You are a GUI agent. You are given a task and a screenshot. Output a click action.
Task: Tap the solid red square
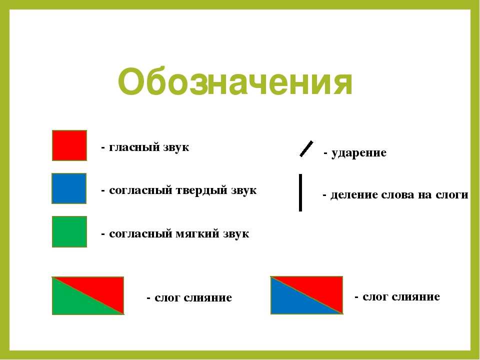click(69, 145)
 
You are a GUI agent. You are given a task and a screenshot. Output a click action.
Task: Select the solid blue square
click(69, 188)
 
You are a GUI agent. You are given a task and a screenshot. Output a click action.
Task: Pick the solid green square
click(69, 231)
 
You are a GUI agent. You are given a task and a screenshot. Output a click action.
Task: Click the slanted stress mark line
click(306, 149)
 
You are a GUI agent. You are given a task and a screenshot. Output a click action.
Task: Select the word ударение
click(359, 153)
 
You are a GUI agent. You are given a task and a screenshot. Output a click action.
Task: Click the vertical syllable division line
click(300, 192)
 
